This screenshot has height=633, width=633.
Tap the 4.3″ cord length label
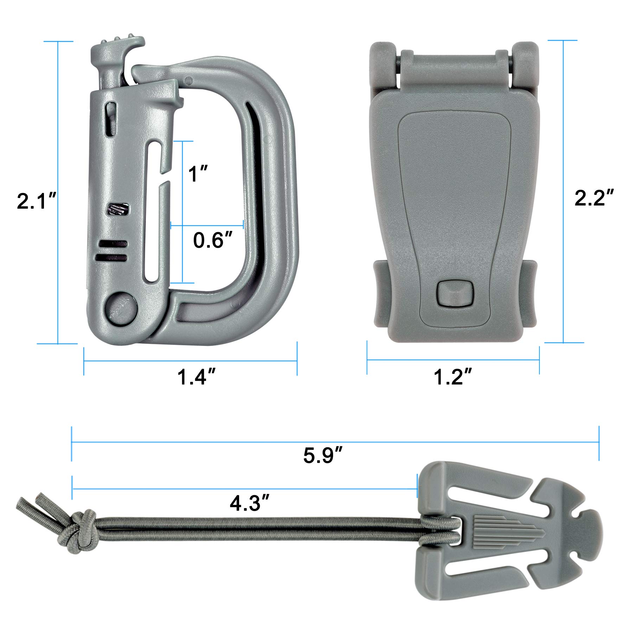click(x=250, y=503)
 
